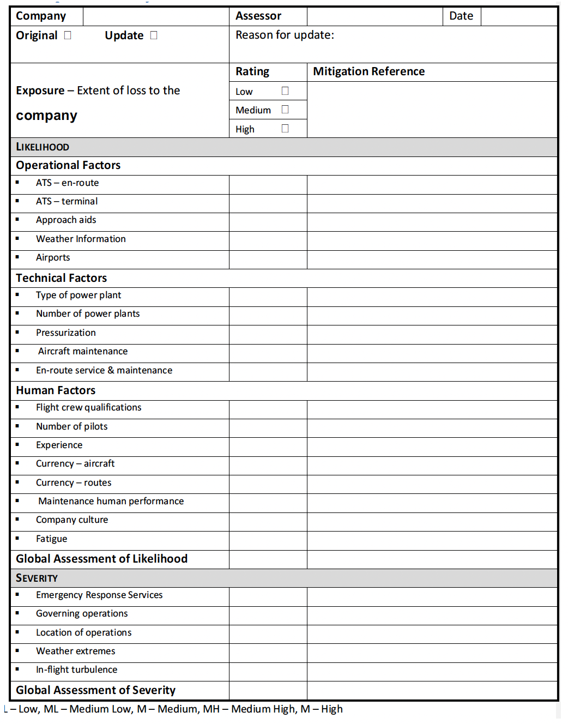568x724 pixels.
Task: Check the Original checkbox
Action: click(68, 35)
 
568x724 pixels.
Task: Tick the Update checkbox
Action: click(154, 35)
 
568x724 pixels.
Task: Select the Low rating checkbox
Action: click(285, 91)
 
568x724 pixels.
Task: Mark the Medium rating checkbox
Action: click(285, 110)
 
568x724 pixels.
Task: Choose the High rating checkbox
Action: click(285, 129)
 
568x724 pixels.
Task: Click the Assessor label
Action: click(258, 16)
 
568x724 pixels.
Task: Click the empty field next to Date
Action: click(518, 16)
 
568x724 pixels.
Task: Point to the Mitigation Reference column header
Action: click(368, 71)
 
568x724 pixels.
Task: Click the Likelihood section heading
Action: click(43, 147)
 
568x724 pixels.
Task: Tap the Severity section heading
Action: click(37, 578)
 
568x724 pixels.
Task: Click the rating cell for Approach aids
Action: click(268, 222)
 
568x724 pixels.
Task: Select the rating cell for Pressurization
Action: click(268, 335)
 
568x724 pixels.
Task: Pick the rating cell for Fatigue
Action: click(268, 541)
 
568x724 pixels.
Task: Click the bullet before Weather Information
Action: click(17, 238)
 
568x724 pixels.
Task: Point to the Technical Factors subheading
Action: click(61, 278)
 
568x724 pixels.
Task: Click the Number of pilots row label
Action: click(71, 426)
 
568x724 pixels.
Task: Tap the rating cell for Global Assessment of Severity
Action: click(268, 690)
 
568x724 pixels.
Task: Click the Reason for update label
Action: click(285, 35)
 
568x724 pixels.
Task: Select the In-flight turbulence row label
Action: click(76, 669)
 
